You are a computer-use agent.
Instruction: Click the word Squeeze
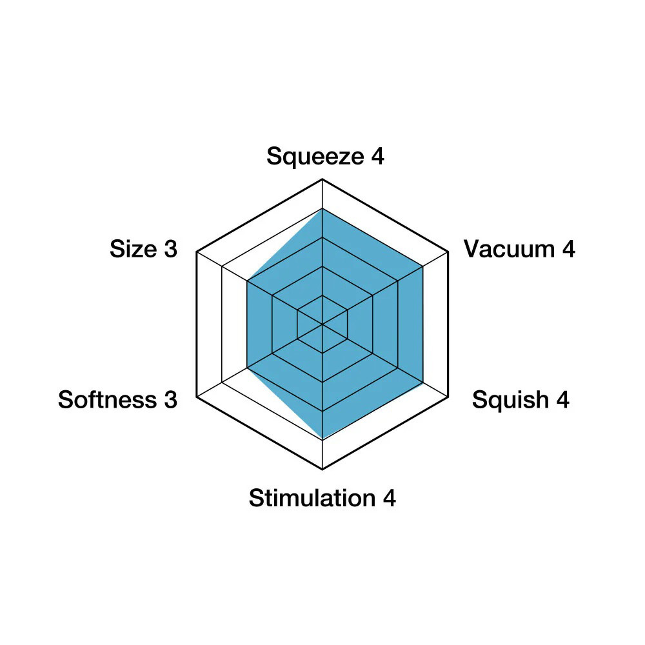(315, 157)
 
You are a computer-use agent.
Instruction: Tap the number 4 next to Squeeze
(377, 156)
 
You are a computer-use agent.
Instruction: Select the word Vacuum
(510, 249)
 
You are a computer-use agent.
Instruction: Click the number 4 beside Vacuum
(568, 249)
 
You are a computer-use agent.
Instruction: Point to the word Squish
(510, 399)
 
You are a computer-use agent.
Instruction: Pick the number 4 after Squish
(562, 399)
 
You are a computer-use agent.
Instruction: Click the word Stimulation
(312, 498)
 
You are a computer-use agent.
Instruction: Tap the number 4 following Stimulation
(389, 498)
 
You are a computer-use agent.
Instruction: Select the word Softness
(107, 399)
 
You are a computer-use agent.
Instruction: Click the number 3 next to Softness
(171, 400)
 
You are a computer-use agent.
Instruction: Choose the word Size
(134, 249)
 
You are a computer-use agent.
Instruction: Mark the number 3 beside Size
(171, 249)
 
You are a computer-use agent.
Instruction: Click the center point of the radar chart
(322, 324)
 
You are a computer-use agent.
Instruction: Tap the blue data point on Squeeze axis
(322, 208)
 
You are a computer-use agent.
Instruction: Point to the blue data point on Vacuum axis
(423, 266)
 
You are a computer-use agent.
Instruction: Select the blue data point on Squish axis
(423, 382)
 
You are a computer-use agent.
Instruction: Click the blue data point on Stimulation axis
(322, 440)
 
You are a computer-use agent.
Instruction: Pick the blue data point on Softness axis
(247, 368)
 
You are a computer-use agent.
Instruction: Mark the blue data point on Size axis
(247, 281)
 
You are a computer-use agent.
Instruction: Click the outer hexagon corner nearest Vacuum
(448, 252)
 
